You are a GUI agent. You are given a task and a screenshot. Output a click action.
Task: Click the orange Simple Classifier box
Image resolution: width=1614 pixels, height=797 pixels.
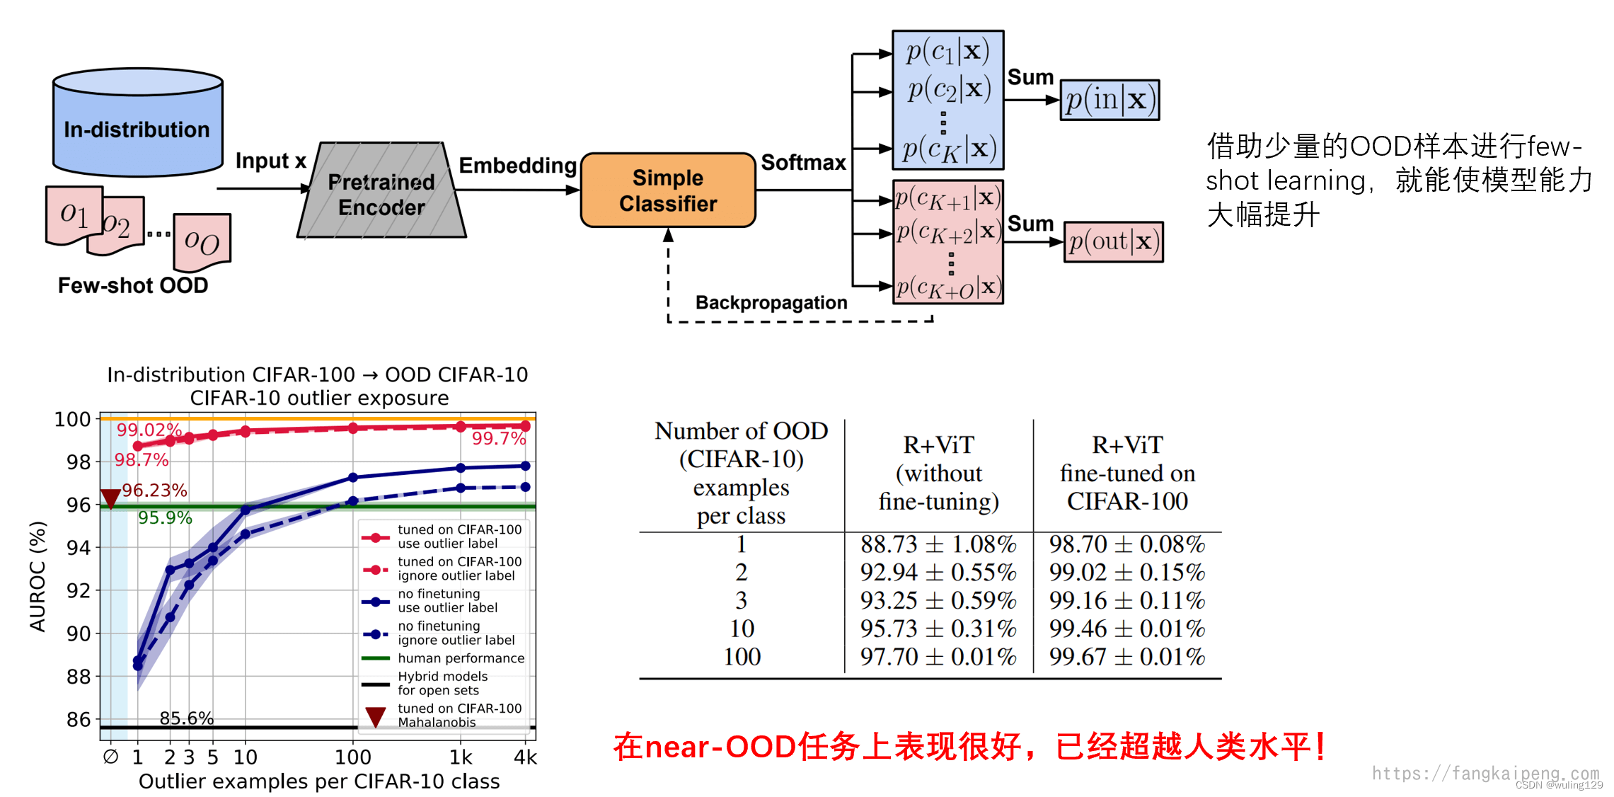(x=668, y=190)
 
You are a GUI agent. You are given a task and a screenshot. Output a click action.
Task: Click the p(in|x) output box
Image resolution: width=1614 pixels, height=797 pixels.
(x=1109, y=100)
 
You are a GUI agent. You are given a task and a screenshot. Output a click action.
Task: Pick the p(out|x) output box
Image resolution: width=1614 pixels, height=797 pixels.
(x=1113, y=242)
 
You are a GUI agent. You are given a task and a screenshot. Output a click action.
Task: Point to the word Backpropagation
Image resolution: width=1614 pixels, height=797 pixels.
(x=771, y=303)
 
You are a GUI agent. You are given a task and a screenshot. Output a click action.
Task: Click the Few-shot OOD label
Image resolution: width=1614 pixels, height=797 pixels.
(x=133, y=285)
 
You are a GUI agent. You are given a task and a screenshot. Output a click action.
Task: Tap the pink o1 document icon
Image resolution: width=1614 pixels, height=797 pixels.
(x=74, y=214)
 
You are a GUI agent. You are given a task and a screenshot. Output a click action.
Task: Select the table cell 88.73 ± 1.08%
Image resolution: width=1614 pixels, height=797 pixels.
(x=938, y=544)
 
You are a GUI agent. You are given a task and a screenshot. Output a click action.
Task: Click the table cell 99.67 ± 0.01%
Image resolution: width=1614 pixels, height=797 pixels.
(x=1126, y=657)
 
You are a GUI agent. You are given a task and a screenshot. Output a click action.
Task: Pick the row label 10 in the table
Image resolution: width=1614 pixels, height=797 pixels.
(x=742, y=629)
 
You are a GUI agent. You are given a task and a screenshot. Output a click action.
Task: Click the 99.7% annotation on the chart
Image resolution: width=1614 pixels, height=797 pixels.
(x=499, y=439)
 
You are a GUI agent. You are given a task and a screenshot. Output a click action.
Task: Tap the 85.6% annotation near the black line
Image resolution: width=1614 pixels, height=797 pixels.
(x=186, y=718)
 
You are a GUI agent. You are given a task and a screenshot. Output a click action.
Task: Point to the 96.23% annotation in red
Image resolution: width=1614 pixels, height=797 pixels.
(x=154, y=491)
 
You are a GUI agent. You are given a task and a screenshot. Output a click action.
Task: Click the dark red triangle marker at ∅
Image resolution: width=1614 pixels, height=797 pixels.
(x=110, y=498)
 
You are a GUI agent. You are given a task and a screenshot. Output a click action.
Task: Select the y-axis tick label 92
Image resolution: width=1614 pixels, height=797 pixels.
(x=78, y=591)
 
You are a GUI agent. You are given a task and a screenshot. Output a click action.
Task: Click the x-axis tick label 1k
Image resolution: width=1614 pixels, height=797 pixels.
(x=461, y=757)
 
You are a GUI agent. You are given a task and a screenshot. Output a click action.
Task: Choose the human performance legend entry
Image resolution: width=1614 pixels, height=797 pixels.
(x=460, y=658)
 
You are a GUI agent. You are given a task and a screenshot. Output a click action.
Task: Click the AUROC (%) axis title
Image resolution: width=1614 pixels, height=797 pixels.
(x=38, y=576)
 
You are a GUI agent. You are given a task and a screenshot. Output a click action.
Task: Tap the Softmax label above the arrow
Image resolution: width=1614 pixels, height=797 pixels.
(x=803, y=163)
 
